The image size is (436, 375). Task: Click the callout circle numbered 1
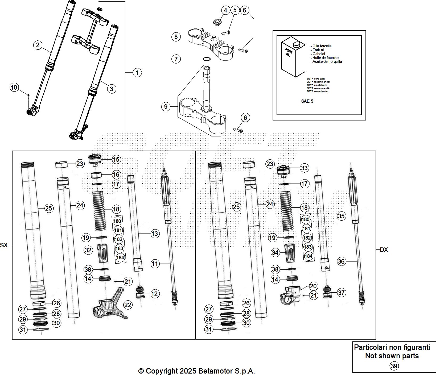(x=137, y=73)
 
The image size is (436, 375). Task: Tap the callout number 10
(x=14, y=87)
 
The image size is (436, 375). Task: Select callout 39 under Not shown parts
(x=394, y=366)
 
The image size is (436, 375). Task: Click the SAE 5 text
(x=307, y=101)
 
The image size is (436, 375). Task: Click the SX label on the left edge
(x=4, y=245)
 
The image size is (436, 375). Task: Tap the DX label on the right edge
(x=384, y=250)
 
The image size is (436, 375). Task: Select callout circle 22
(x=128, y=305)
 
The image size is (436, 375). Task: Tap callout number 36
(x=341, y=261)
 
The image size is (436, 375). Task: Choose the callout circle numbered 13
(x=154, y=234)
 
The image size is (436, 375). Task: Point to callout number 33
(x=304, y=168)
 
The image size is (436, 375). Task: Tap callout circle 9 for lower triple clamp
(x=166, y=107)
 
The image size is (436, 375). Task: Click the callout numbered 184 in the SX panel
(x=120, y=257)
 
